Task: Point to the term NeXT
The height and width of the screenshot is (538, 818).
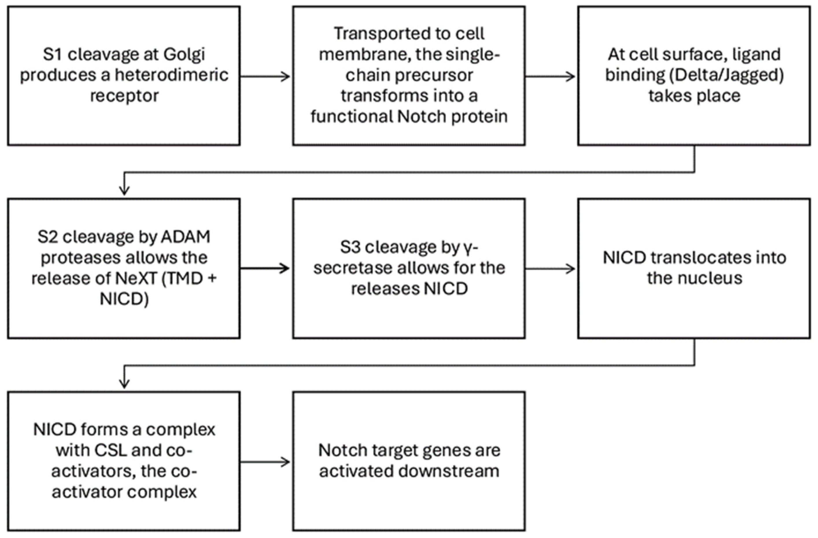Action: (136, 278)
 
